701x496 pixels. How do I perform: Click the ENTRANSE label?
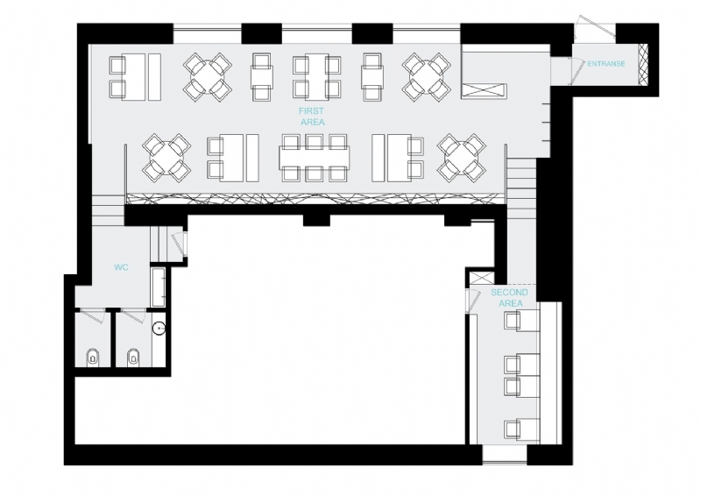pos(605,64)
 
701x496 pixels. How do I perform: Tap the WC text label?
pos(122,267)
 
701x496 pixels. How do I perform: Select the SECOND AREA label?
pos(510,297)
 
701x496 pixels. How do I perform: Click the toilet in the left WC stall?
pos(93,356)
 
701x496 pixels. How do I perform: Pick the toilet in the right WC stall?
pos(134,356)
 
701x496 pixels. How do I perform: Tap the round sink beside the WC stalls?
pos(159,329)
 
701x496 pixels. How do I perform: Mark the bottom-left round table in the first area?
pos(166,158)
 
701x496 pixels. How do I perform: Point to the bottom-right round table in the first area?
pos(461,158)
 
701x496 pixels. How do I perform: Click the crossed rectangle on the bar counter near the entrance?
pos(485,89)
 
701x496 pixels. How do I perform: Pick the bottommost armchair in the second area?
pos(513,428)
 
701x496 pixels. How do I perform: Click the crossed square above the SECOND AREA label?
pos(477,280)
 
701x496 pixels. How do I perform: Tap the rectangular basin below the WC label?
pos(159,287)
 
